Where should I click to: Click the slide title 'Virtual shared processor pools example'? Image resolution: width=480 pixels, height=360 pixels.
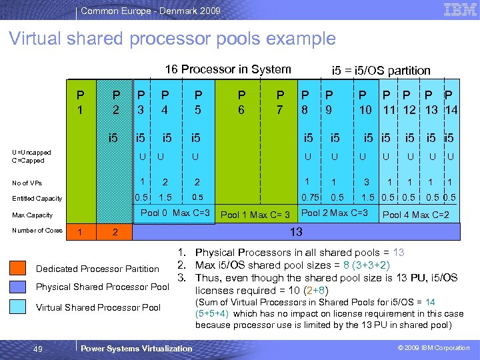(x=172, y=39)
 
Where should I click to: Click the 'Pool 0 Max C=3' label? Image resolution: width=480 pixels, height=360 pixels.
(x=175, y=213)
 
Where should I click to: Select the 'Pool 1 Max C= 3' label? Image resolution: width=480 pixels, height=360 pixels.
(x=255, y=215)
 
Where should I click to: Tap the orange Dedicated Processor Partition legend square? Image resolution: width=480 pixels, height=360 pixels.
(x=18, y=269)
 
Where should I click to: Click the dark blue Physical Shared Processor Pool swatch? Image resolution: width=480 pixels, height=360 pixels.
(x=18, y=287)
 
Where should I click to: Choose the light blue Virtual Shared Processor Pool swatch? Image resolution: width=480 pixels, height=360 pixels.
(x=18, y=307)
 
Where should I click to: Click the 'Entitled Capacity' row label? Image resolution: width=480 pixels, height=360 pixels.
(x=37, y=198)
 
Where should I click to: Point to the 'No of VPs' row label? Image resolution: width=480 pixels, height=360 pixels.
(x=29, y=183)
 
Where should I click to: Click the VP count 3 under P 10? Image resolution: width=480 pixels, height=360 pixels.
(x=366, y=182)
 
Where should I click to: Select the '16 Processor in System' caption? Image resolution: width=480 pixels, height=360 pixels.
(x=228, y=69)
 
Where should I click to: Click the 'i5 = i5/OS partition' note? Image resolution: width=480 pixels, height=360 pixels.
(x=381, y=70)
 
